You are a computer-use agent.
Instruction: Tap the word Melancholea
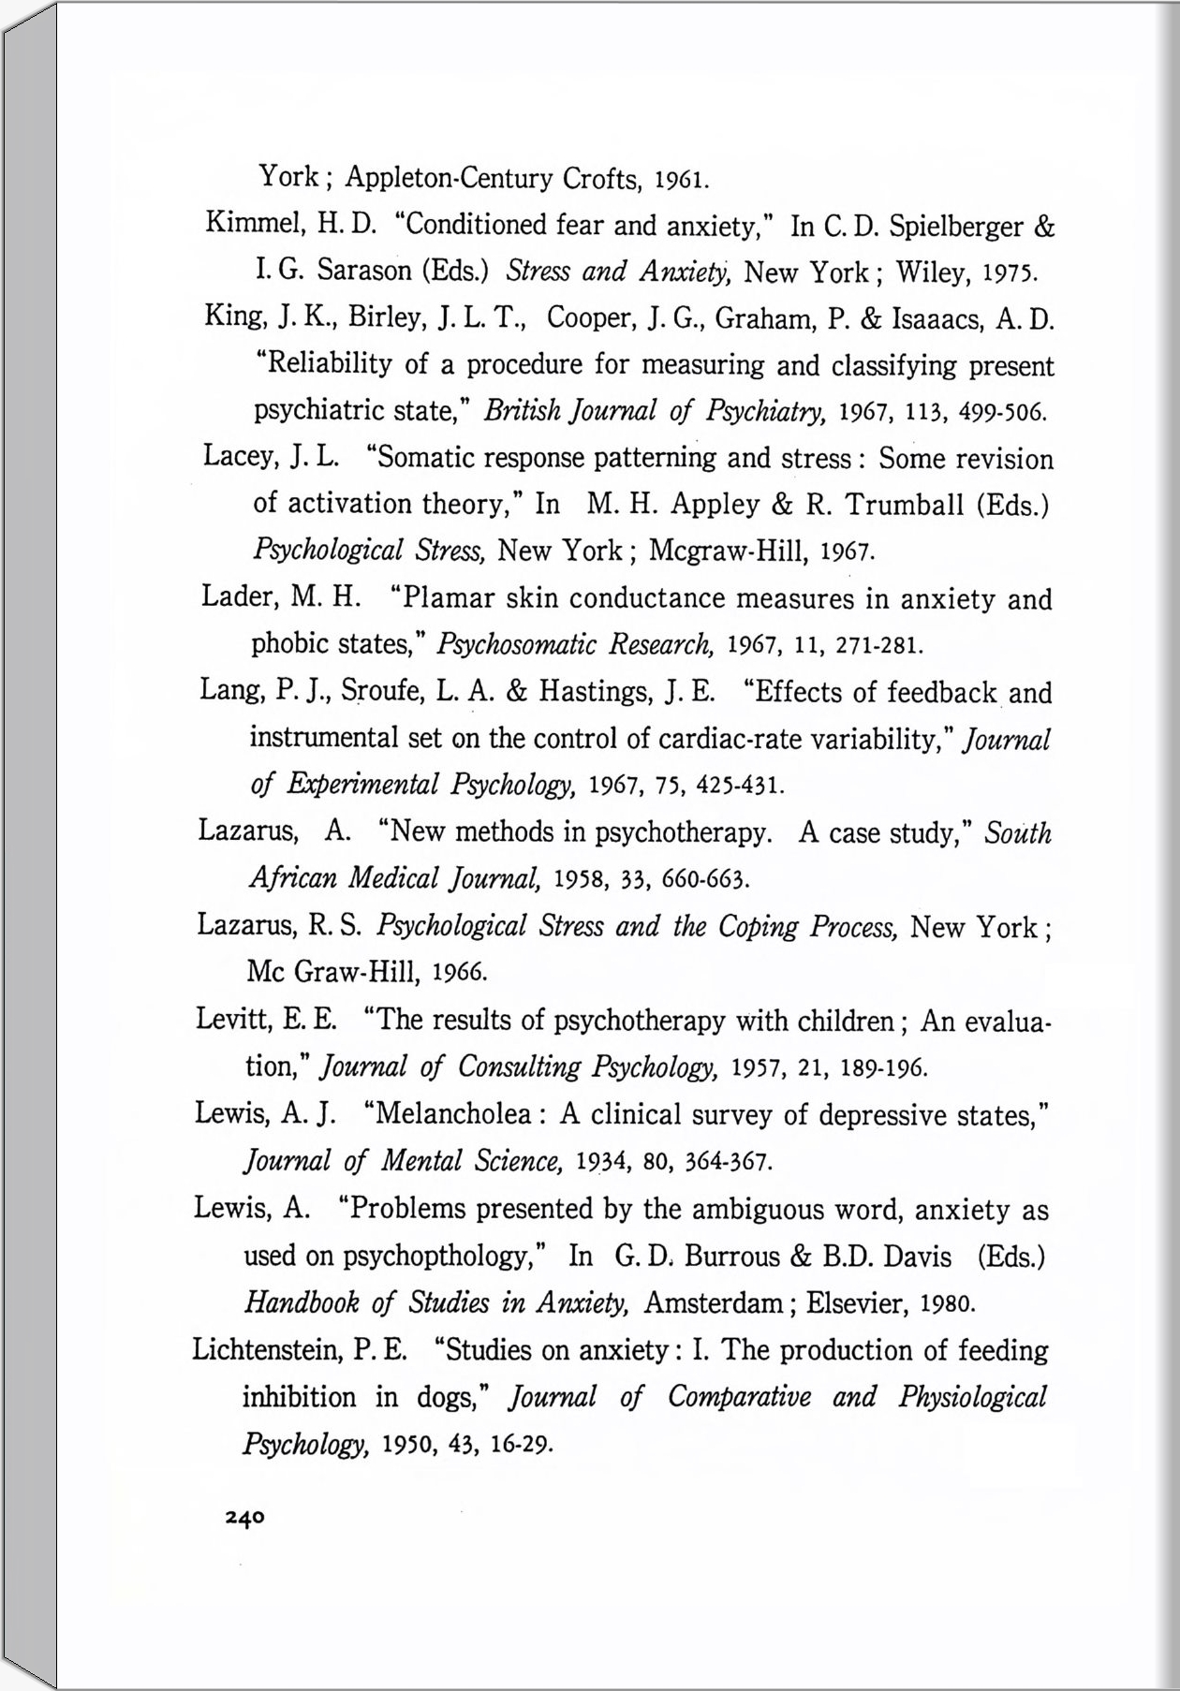click(453, 1115)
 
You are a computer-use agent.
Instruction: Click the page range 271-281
click(881, 645)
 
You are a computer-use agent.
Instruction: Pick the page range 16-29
click(516, 1443)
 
